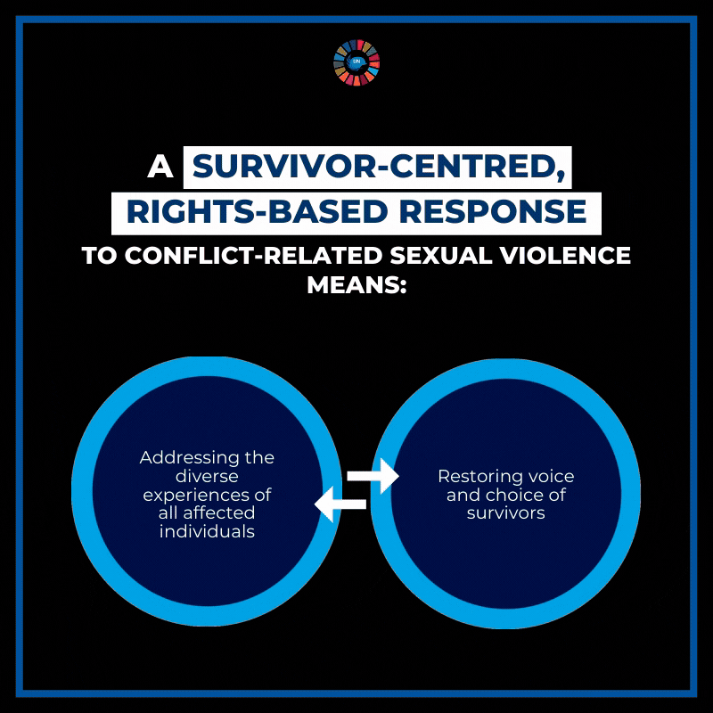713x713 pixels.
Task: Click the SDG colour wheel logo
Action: [356, 62]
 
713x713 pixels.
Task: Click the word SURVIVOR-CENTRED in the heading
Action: [377, 168]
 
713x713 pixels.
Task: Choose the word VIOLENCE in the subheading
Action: [564, 255]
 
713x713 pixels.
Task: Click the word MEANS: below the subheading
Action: [356, 286]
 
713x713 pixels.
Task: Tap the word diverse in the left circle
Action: [207, 477]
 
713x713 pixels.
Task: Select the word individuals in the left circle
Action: [207, 532]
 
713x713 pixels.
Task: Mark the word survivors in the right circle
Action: [505, 514]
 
